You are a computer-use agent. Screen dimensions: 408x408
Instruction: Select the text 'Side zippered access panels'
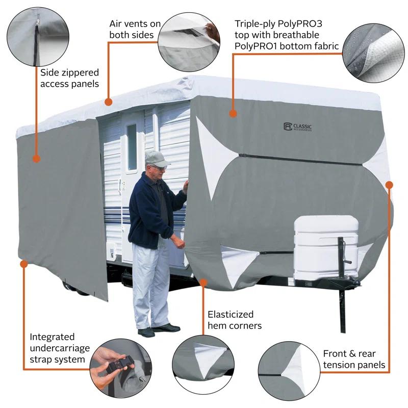69,78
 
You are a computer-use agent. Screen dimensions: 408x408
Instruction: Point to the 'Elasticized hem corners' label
234,320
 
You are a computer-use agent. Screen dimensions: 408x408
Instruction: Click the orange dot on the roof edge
108,101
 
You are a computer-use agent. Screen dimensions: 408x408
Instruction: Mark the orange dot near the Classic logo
233,113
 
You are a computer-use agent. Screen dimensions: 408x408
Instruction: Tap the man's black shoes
158,330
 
